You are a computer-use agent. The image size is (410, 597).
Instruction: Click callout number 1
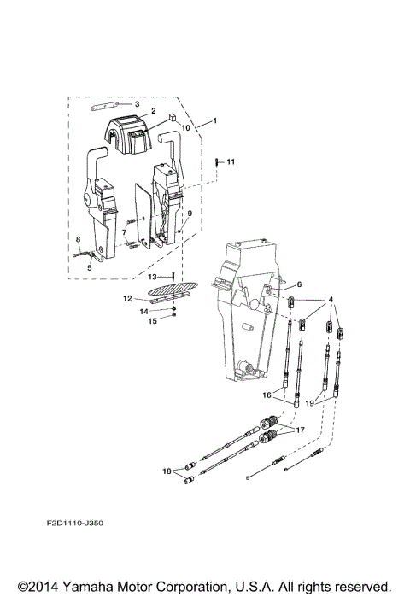(214, 121)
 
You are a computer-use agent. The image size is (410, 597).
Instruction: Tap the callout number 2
(152, 111)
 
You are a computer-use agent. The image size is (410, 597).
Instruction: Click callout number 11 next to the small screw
(229, 161)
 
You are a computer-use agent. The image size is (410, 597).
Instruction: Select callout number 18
(167, 471)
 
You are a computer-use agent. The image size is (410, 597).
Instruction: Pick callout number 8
(78, 239)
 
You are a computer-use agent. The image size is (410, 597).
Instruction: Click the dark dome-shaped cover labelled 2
(133, 130)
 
